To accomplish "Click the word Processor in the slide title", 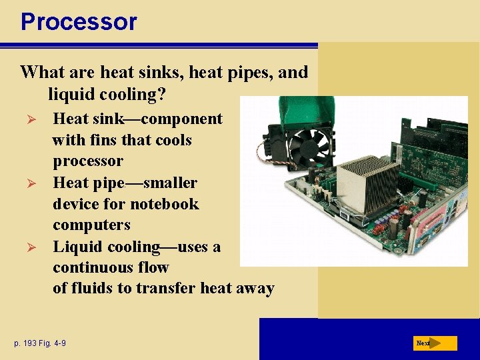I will pos(79,21).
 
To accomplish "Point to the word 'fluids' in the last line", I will pos(97,289).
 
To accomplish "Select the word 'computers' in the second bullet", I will pos(91,225).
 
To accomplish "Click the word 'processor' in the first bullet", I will pos(88,161).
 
